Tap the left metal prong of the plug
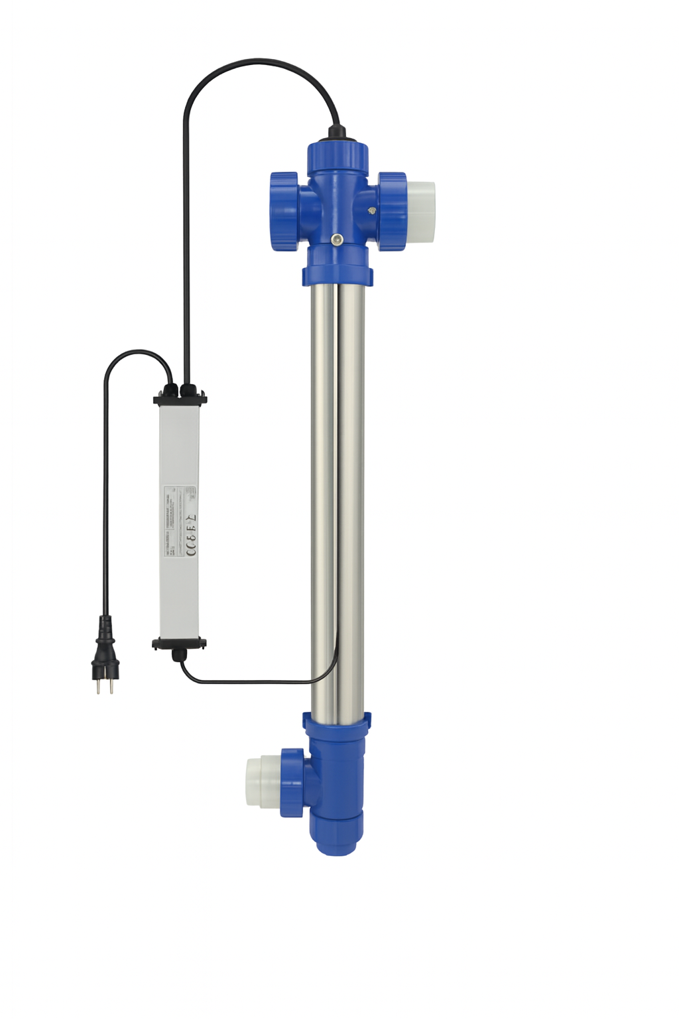pos(99,686)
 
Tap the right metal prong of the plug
pos(111,686)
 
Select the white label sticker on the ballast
pos(180,521)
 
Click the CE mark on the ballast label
pos(190,549)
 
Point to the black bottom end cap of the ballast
pos(179,643)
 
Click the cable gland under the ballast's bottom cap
pos(178,655)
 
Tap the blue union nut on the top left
pos(284,210)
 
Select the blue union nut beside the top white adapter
pos(392,211)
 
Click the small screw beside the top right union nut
pos(371,211)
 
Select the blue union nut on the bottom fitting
pos(292,782)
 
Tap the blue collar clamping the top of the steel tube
pos(337,274)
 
